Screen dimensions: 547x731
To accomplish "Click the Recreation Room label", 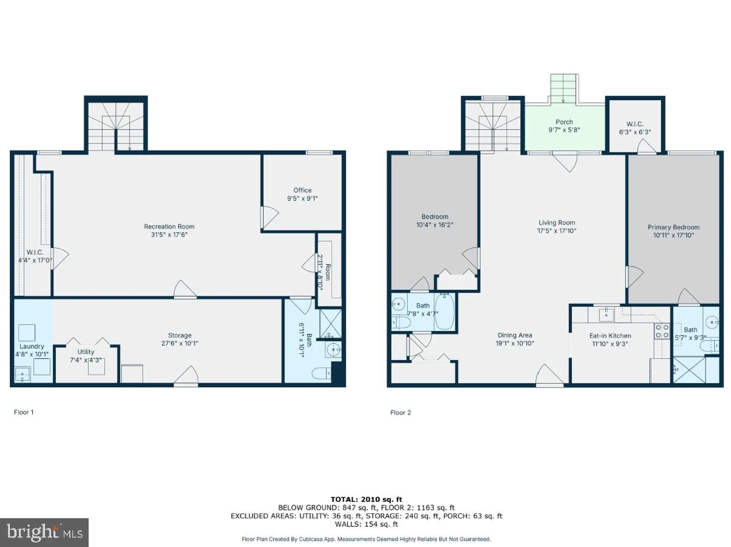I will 169,226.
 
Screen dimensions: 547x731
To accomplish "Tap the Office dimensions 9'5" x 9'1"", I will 302,199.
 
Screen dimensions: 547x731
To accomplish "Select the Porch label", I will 564,122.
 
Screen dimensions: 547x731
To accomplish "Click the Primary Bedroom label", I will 673,227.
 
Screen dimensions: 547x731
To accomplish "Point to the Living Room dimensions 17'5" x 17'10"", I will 556,231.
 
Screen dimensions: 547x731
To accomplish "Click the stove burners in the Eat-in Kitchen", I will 662,331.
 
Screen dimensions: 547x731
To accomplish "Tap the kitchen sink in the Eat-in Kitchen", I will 606,314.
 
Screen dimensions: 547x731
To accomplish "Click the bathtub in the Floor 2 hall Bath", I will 444,312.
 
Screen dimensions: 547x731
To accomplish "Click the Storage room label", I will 179,335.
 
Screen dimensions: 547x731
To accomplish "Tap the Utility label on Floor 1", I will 86,351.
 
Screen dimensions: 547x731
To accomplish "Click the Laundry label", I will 32,346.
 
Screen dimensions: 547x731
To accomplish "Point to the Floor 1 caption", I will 24,412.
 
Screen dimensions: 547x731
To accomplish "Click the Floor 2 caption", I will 400,412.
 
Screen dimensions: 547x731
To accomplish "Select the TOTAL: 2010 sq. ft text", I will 366,499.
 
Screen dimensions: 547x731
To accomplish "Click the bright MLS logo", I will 44,532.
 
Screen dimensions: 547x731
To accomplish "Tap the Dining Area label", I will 515,335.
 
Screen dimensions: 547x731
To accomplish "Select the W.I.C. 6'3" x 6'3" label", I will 635,128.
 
